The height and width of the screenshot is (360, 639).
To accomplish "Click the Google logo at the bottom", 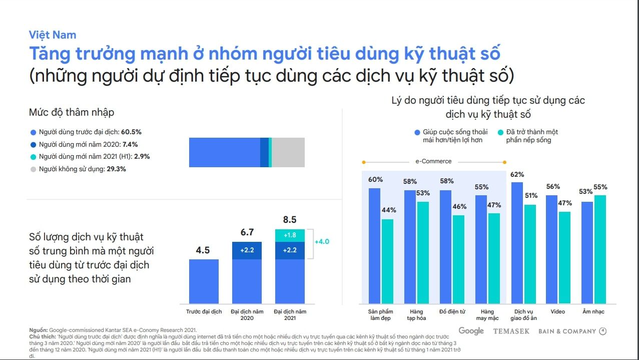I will pyautogui.click(x=471, y=331).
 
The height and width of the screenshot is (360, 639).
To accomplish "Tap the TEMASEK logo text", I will pyautogui.click(x=512, y=331).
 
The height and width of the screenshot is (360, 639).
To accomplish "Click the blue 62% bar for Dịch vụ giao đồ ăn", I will pyautogui.click(x=517, y=243).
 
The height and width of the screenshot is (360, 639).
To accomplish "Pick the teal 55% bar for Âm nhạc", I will pyautogui.click(x=600, y=249).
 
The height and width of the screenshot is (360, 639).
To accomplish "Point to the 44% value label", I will pyautogui.click(x=388, y=210).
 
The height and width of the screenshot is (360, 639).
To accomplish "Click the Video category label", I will pyautogui.click(x=557, y=311).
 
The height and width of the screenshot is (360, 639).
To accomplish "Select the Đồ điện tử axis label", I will pyautogui.click(x=452, y=311).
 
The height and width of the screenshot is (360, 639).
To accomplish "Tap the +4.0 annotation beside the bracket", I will pyautogui.click(x=322, y=242).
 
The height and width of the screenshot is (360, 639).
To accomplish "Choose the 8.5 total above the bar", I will pyautogui.click(x=290, y=220).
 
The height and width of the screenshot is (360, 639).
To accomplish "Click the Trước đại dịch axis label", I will pyautogui.click(x=204, y=311).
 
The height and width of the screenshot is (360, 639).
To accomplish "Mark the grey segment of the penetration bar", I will pyautogui.click(x=288, y=152).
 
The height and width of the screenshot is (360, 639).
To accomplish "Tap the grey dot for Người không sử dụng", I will pyautogui.click(x=34, y=169).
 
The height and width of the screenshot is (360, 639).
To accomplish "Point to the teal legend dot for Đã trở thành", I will pyautogui.click(x=500, y=133).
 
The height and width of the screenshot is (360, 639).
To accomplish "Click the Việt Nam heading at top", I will pyautogui.click(x=53, y=35).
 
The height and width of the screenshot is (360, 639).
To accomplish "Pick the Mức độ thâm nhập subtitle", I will pyautogui.click(x=72, y=112).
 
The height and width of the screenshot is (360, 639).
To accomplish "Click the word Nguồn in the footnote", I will pyautogui.click(x=38, y=329).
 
